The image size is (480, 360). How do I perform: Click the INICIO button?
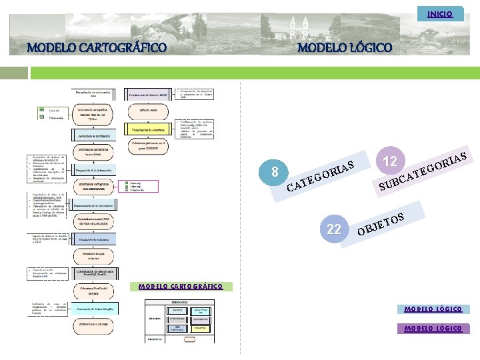click(x=439, y=13)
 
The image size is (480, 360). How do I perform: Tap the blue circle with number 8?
click(x=275, y=173)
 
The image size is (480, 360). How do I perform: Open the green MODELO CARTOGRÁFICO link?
click(x=180, y=287)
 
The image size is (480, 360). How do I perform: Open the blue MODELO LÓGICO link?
click(x=433, y=309)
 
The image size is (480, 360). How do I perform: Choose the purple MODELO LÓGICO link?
click(x=433, y=328)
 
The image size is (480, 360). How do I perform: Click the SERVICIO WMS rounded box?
click(x=149, y=109)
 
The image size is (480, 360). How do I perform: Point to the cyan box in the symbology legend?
click(x=201, y=311)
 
